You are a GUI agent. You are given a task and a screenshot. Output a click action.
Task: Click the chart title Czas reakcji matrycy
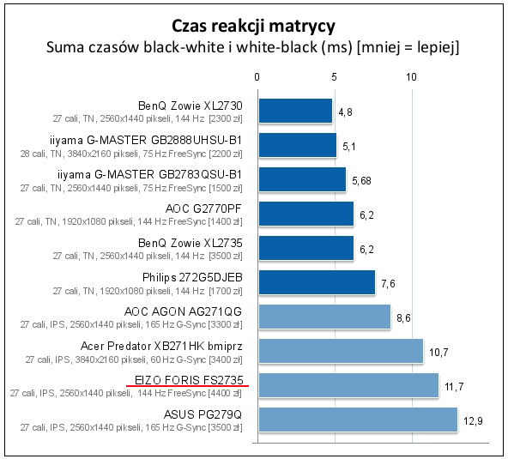click(253, 24)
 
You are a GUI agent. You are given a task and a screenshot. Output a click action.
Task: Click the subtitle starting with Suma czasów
click(253, 47)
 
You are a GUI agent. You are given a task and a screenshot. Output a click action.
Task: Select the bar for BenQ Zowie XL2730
click(294, 111)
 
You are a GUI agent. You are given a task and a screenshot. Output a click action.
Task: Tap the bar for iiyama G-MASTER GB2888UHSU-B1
click(297, 145)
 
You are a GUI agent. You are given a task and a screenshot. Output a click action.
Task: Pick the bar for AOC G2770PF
click(305, 214)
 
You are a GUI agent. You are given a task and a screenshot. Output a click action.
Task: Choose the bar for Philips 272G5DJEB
click(316, 282)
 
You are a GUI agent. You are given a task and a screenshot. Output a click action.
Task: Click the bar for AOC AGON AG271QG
click(324, 317)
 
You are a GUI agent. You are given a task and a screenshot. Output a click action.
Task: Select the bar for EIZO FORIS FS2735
click(348, 385)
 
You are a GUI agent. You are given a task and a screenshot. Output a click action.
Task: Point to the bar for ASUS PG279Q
click(357, 420)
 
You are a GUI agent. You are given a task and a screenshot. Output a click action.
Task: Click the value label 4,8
click(346, 112)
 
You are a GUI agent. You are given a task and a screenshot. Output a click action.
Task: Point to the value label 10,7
click(438, 352)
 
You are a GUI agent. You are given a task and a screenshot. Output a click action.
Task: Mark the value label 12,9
click(473, 420)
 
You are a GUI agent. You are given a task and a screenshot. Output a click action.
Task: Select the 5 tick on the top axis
click(334, 78)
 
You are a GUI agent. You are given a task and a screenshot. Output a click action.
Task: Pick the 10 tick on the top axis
click(411, 78)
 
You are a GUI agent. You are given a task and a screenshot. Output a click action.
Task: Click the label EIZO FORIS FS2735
click(187, 379)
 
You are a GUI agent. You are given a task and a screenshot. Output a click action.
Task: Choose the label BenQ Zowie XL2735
click(197, 242)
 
